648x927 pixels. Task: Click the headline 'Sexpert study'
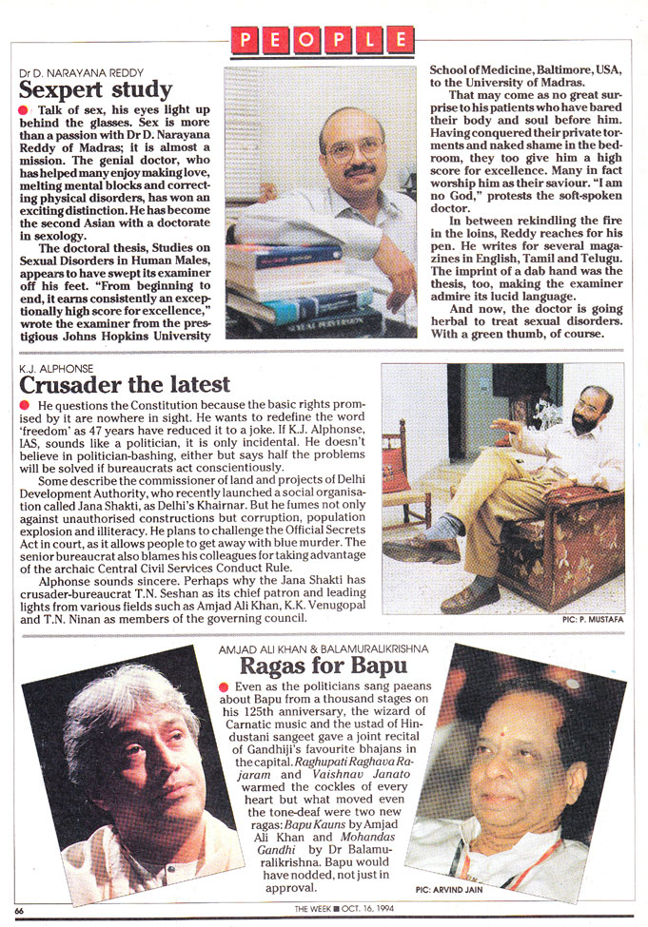pos(95,91)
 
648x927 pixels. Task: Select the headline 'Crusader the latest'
pos(125,384)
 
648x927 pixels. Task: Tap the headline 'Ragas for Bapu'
pos(320,665)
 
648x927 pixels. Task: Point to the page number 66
pos(19,911)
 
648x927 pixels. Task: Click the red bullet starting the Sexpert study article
pos(24,111)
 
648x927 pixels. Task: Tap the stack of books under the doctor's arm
pos(285,285)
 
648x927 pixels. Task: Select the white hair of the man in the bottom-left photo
pos(114,699)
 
